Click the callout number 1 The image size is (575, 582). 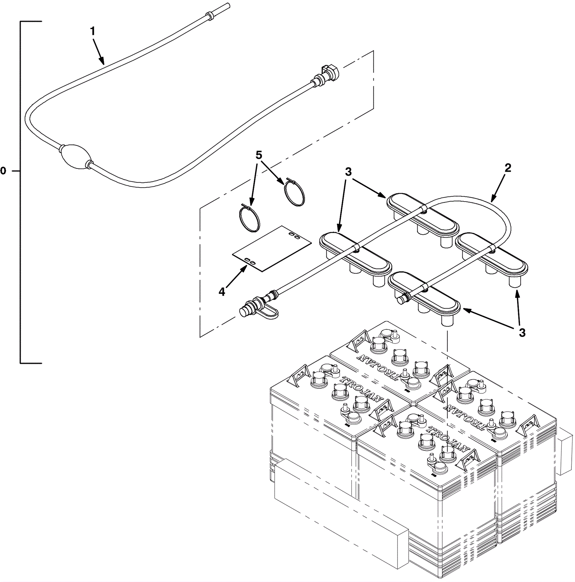point(93,32)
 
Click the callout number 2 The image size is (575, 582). point(507,168)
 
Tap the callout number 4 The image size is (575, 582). point(222,292)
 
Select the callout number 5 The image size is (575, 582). point(259,155)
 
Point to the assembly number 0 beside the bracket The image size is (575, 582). point(3,171)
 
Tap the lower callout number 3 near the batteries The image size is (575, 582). point(522,333)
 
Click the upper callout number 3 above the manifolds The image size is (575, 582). point(348,172)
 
